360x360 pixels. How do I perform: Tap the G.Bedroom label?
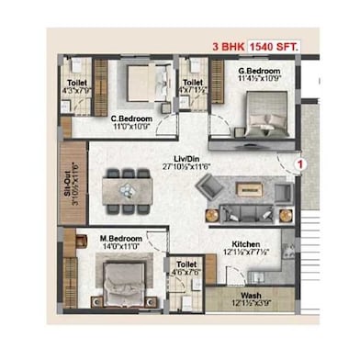click(x=260, y=70)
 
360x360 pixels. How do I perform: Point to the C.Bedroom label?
click(x=130, y=118)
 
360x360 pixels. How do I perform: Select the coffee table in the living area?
click(x=248, y=190)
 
